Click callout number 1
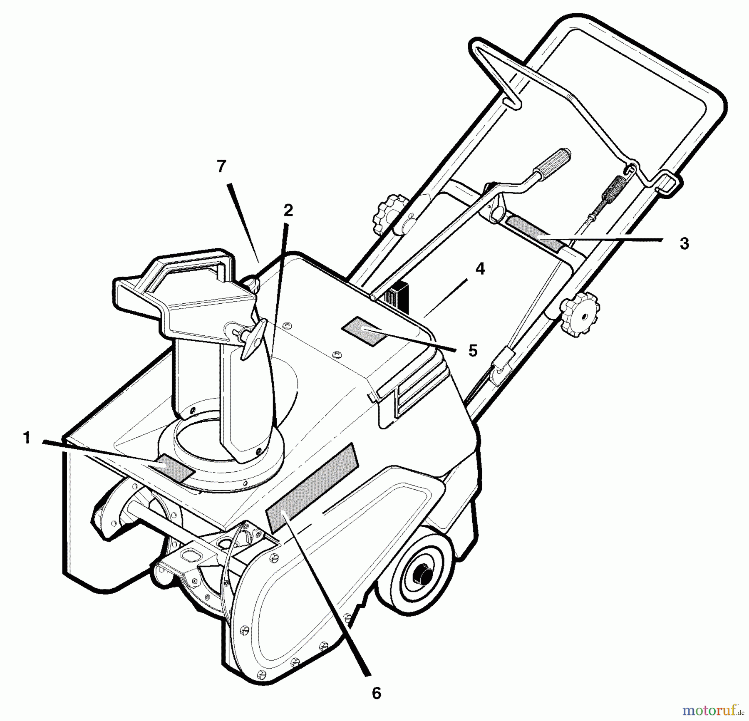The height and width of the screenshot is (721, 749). (x=27, y=438)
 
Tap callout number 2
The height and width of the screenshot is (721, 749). (x=288, y=211)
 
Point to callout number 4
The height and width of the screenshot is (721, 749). (x=480, y=269)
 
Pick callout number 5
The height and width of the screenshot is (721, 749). (x=473, y=351)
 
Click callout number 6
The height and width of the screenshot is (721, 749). (x=376, y=693)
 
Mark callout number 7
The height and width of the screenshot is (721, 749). (x=221, y=166)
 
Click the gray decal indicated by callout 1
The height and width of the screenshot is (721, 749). (x=172, y=468)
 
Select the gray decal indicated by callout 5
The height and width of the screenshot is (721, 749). (x=364, y=330)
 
